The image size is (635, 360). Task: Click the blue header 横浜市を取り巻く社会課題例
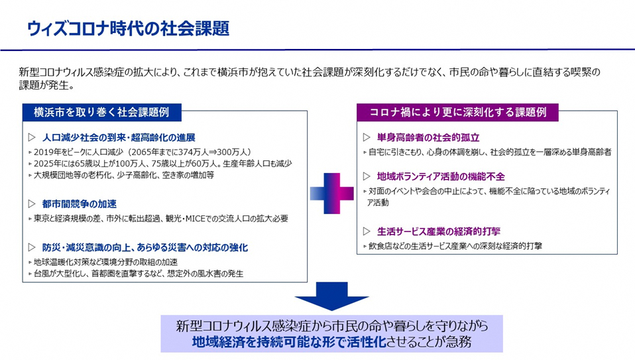click(101, 112)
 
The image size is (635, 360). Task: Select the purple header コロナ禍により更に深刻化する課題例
click(457, 112)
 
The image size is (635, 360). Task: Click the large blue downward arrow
click(331, 296)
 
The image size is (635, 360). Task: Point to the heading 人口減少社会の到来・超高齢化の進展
click(118, 138)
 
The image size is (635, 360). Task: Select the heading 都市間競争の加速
click(79, 204)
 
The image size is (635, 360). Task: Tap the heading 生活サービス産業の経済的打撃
click(438, 231)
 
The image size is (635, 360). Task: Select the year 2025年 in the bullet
click(48, 163)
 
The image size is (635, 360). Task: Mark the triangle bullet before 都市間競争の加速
click(31, 204)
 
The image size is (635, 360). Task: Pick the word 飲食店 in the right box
click(382, 245)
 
